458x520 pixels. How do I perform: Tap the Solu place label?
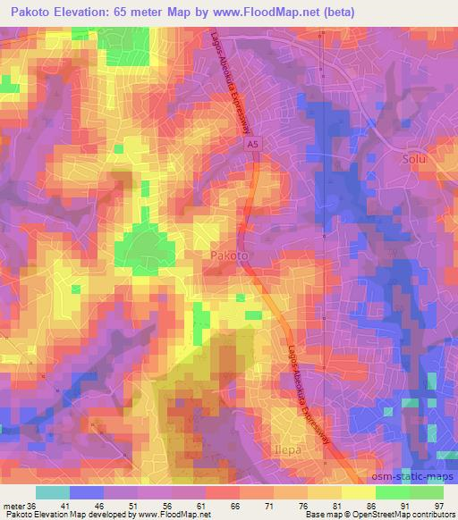pyautogui.click(x=412, y=159)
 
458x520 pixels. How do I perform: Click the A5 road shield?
pyautogui.click(x=254, y=141)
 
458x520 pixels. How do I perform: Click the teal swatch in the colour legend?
pyautogui.click(x=52, y=493)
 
